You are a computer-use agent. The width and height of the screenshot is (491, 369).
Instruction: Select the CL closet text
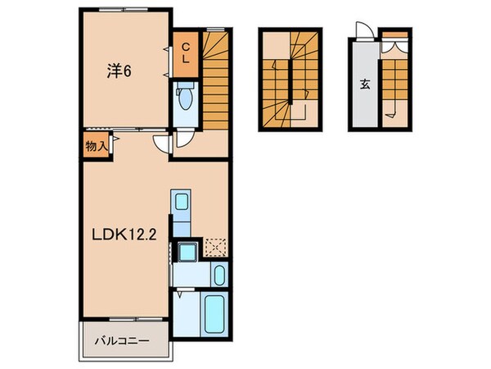coord(185,53)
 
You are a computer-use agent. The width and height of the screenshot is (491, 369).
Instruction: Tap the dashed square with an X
coord(215,247)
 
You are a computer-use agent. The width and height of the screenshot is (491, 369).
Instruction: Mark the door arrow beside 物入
coord(116,142)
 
